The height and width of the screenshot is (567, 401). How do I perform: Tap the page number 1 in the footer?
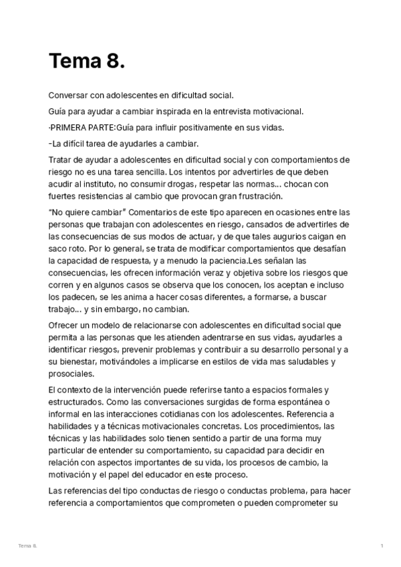tap(382, 546)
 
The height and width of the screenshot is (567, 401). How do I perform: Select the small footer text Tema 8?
tap(28, 546)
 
